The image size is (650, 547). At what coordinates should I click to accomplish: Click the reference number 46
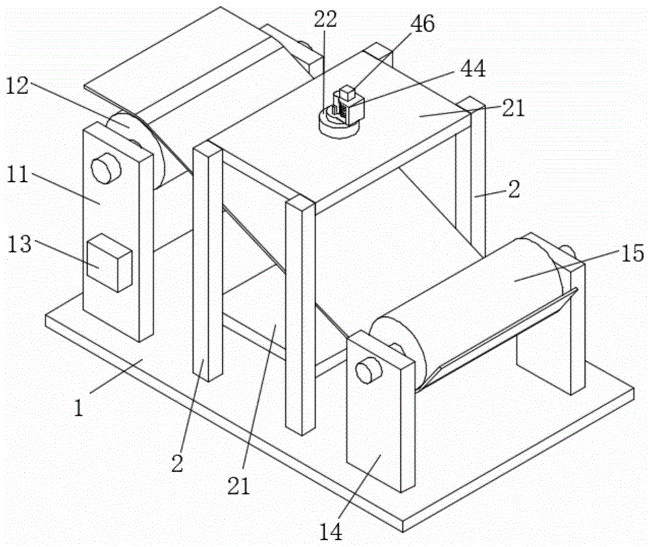422,24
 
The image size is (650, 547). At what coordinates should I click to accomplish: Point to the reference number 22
326,19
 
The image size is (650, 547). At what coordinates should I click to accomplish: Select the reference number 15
632,253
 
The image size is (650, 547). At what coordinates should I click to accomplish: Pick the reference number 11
18,174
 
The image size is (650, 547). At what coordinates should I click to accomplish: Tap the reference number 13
19,244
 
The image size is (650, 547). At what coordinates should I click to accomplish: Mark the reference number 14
331,531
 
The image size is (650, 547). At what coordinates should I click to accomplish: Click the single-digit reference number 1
79,408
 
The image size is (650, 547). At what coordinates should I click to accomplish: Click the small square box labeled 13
109,262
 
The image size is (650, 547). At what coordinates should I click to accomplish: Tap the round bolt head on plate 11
106,168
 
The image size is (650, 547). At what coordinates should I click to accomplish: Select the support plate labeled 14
380,411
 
